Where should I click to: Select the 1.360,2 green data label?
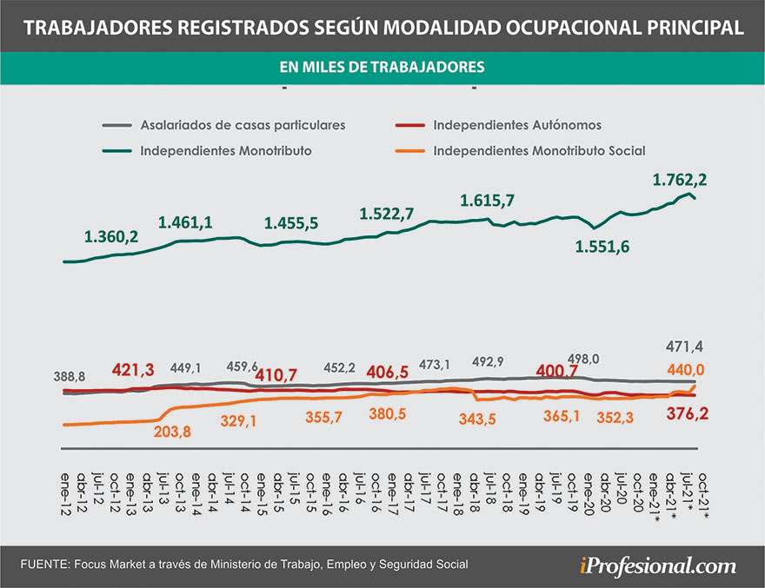click(112, 235)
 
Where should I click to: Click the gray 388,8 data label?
click(70, 378)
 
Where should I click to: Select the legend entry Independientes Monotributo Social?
click(539, 150)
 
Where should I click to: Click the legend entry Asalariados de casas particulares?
click(243, 124)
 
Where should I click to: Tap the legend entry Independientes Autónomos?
click(516, 124)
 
